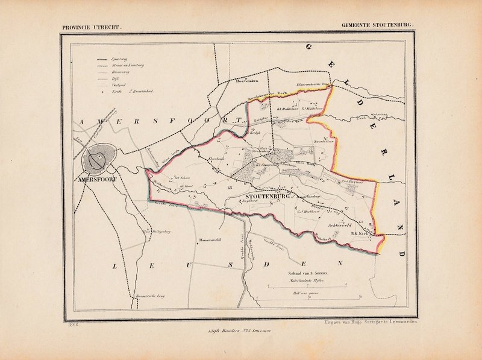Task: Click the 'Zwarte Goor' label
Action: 324,142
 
